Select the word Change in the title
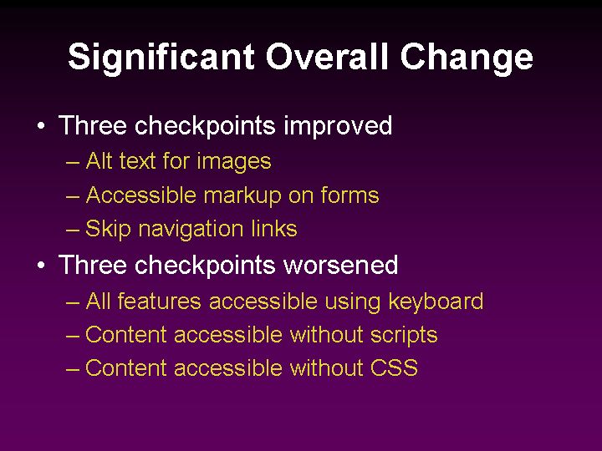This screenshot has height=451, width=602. pos(466,58)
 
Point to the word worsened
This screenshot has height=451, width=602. pos(340,266)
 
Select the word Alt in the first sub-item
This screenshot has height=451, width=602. pos(99,161)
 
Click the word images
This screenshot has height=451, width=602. pos(238,162)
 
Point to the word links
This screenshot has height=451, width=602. pos(274,229)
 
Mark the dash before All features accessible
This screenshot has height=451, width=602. pos(73,302)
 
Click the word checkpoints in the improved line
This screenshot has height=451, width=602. pos(205,127)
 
